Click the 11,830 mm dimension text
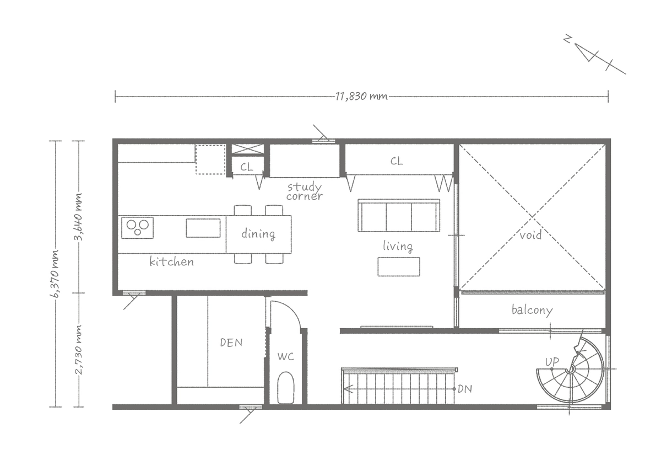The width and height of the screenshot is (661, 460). (361, 97)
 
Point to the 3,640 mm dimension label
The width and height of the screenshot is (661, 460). (78, 217)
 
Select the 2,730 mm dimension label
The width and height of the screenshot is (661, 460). (78, 350)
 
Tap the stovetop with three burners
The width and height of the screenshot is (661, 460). (137, 227)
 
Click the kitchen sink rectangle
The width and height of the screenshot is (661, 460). (203, 228)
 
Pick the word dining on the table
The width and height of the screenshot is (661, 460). (258, 234)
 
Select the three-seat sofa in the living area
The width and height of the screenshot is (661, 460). (399, 215)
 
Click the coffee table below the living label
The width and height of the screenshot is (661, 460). (399, 267)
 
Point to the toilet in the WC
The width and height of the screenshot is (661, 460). (286, 388)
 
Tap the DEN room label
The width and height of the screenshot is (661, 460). (231, 343)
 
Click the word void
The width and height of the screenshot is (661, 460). (530, 235)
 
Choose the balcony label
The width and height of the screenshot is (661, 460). (532, 310)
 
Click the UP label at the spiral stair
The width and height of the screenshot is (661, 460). (552, 362)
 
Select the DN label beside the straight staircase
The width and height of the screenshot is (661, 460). (465, 389)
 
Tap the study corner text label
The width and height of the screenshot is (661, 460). (305, 191)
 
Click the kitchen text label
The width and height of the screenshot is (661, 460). (171, 261)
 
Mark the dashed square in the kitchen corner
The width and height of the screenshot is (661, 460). (210, 159)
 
